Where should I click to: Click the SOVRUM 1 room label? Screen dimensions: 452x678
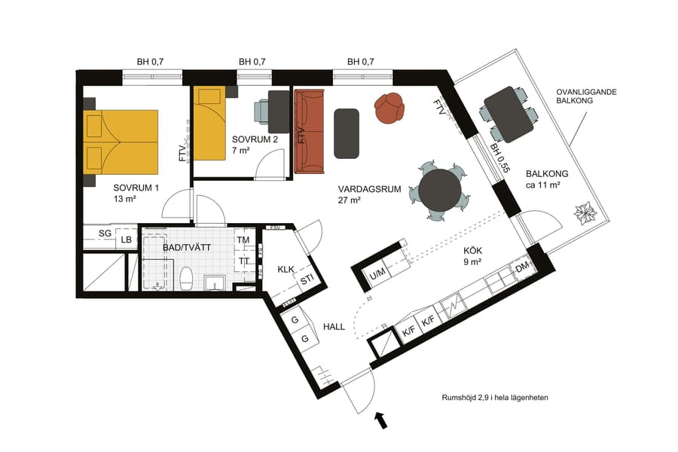pos(136,188)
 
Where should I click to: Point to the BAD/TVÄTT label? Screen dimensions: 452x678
pos(186,246)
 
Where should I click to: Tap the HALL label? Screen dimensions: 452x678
pos(334,327)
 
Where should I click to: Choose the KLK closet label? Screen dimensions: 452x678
pos(286,268)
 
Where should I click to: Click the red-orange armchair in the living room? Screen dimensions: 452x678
pos(389,108)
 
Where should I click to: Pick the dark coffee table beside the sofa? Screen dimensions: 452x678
pos(347,133)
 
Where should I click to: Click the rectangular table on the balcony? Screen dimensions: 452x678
pos(508,114)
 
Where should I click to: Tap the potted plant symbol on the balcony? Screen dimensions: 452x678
pos(585,213)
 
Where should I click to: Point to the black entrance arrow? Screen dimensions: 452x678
pos(382,420)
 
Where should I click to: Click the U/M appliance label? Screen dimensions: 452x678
pos(377,273)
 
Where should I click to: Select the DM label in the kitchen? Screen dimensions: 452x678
pos(521,268)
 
